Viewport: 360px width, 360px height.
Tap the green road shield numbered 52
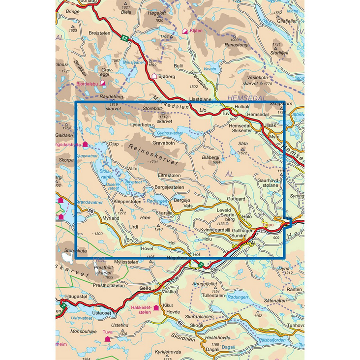point(124,37)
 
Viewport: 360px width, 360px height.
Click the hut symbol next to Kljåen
point(185,31)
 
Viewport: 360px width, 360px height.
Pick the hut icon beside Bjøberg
point(154,76)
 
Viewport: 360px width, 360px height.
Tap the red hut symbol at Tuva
point(107,339)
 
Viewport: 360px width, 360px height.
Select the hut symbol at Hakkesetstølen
point(156,308)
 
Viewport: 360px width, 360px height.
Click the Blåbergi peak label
point(213,157)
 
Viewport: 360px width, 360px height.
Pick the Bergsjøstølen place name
point(169,187)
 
